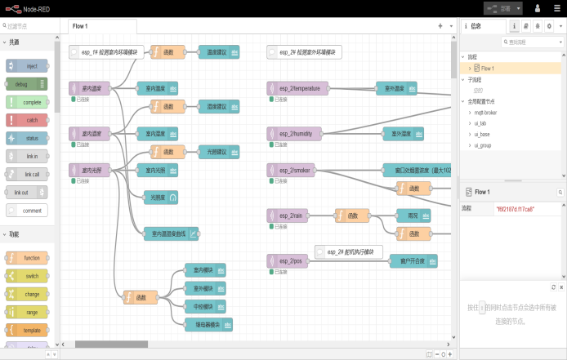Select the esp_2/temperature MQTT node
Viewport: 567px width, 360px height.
[298, 87]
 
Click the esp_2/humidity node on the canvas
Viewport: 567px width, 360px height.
[295, 133]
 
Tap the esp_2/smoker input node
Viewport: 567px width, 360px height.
[293, 170]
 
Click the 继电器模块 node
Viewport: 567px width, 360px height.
[208, 324]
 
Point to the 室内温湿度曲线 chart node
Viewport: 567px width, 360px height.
[171, 233]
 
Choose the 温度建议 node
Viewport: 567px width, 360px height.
[218, 52]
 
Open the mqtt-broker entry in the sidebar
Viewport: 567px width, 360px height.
[486, 113]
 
